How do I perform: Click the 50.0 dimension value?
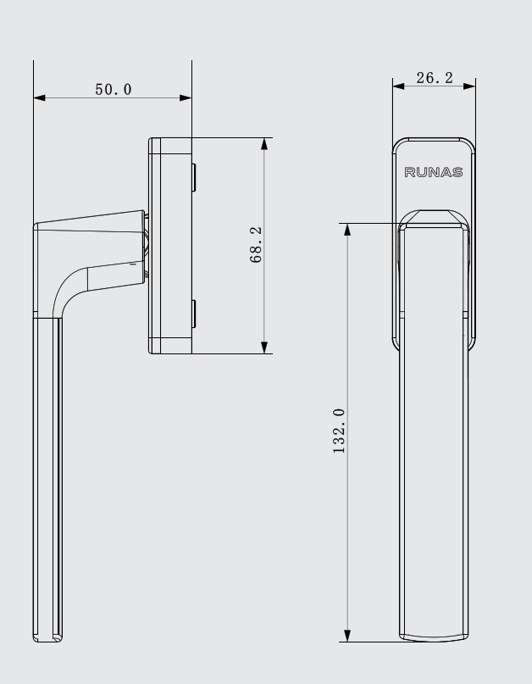click(x=114, y=90)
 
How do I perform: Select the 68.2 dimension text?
click(x=256, y=244)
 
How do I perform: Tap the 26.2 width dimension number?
click(x=435, y=78)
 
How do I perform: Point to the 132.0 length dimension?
click(x=339, y=431)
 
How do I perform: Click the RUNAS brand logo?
click(x=434, y=172)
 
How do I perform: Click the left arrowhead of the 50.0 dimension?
click(x=39, y=97)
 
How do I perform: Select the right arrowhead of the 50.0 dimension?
click(x=186, y=97)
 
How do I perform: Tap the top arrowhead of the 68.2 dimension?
click(x=264, y=144)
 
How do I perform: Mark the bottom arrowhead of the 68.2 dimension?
click(x=264, y=348)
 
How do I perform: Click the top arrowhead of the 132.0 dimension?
click(x=347, y=230)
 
